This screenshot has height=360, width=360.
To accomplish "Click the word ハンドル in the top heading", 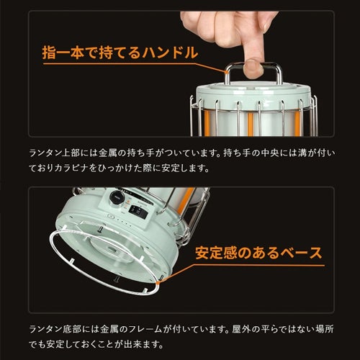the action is coord(170,53).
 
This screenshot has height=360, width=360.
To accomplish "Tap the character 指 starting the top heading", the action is coord(49,53).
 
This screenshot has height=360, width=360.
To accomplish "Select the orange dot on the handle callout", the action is coord(226,72).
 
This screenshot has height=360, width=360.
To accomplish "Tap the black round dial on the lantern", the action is coord(117,198).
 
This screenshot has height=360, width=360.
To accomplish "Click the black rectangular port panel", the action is coord(138,212).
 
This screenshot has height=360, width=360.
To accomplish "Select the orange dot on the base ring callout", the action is coord(158,283).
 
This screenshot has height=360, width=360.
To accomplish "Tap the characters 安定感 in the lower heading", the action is coord(216,253).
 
